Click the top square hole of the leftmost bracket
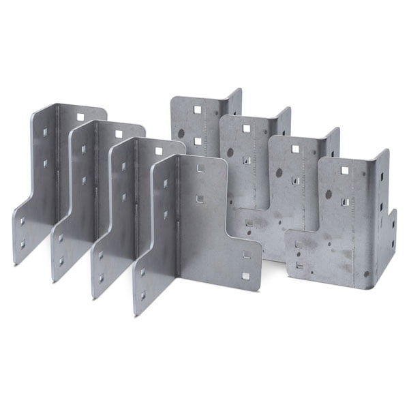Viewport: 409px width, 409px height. click(x=80, y=117)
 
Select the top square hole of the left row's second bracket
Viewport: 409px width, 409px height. click(x=119, y=133)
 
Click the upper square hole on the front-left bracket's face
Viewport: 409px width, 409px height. click(x=200, y=168)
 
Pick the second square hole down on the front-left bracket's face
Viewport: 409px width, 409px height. click(x=200, y=198)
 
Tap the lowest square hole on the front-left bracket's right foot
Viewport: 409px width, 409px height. click(x=245, y=276)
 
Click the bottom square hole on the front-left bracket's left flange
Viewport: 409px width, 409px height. click(x=142, y=295)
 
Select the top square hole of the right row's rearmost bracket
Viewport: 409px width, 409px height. click(x=196, y=109)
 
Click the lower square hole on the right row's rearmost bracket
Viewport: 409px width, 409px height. click(x=196, y=141)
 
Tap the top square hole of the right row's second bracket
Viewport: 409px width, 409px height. click(x=245, y=128)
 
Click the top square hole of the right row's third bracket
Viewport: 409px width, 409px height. click(x=295, y=149)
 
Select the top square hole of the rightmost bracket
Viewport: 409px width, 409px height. click(x=344, y=170)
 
